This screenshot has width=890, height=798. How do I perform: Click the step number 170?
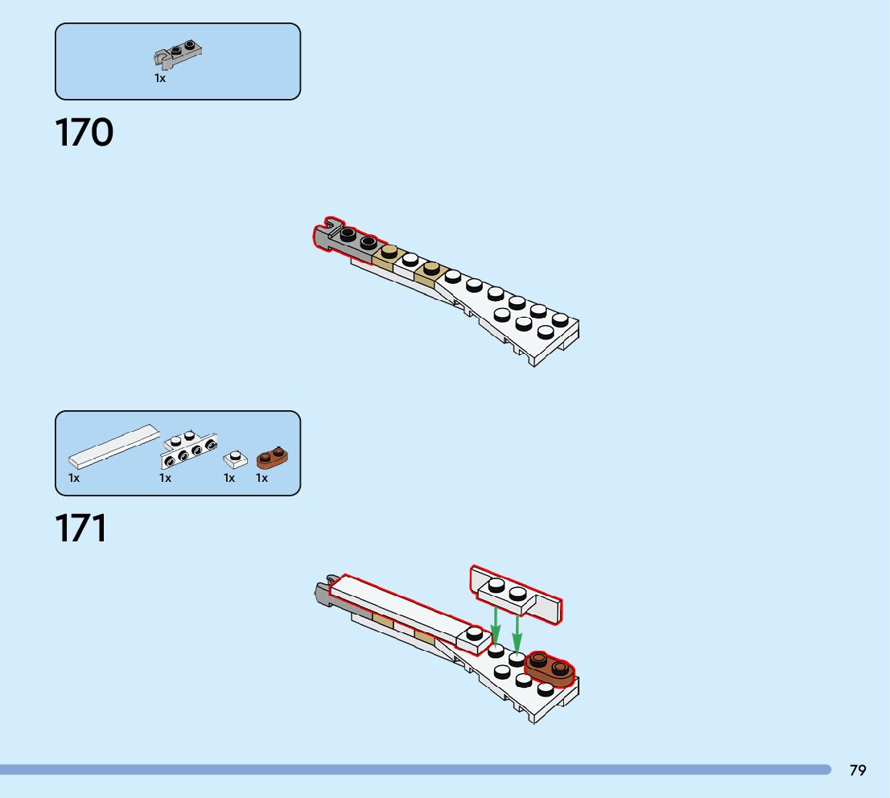point(84,133)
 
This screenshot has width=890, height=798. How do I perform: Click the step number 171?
point(81,529)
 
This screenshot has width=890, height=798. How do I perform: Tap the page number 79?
point(858,770)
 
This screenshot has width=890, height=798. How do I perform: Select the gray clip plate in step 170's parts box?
point(178,54)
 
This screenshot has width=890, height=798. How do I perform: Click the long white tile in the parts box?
point(113,446)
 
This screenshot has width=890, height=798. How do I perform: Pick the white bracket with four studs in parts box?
point(189,450)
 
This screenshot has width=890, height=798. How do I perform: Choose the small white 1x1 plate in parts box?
point(235,459)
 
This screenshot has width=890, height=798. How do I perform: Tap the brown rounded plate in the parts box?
point(273,458)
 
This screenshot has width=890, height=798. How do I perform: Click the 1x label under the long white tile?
point(74,478)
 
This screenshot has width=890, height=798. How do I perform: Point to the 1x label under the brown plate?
point(262,478)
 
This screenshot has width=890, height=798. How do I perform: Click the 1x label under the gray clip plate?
point(160,78)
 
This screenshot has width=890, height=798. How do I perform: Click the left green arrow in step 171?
point(496,625)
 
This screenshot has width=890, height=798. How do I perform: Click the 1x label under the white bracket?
point(165,478)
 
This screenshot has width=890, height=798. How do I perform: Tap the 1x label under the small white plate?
point(229,478)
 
